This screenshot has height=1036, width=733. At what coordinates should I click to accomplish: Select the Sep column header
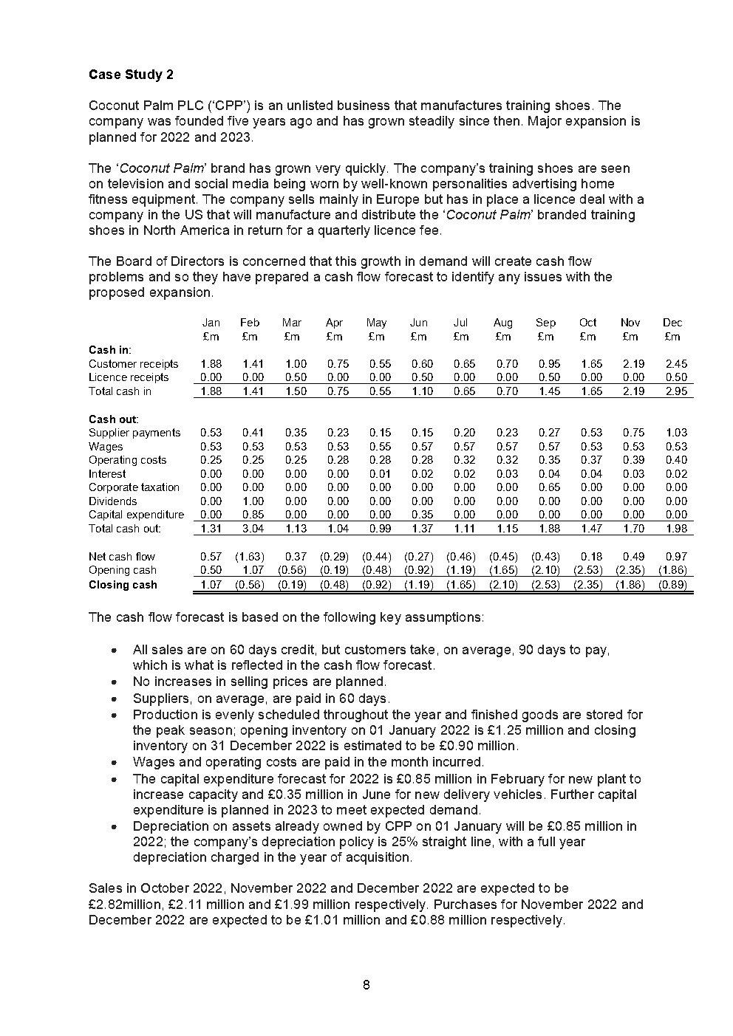[x=545, y=323]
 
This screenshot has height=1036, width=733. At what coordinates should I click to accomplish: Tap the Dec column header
[x=672, y=323]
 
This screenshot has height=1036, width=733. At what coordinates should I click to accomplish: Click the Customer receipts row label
[x=133, y=363]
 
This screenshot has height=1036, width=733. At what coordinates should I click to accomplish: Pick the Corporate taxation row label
[x=134, y=487]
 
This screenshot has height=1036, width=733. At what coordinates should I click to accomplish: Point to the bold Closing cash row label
[x=123, y=585]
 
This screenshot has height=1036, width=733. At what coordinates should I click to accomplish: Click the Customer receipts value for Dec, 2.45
[x=675, y=363]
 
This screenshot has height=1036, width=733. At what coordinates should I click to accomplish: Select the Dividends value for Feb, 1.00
[x=252, y=501]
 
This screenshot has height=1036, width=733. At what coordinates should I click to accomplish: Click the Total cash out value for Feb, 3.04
[x=252, y=529]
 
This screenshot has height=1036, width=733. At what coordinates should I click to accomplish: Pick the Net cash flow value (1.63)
[x=249, y=557]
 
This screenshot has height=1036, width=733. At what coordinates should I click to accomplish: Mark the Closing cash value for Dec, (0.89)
[x=672, y=585]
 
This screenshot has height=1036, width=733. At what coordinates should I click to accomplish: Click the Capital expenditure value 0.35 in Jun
[x=421, y=515]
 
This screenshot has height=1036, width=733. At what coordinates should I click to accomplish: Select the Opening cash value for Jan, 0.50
[x=211, y=570]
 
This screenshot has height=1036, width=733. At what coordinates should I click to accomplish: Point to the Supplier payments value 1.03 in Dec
[x=675, y=433]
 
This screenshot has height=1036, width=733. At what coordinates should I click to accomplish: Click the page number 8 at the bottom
[x=366, y=985]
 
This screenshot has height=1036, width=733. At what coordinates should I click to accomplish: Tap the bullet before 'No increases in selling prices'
[x=114, y=682]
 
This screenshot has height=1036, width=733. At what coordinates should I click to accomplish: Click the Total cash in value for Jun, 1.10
[x=421, y=391]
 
